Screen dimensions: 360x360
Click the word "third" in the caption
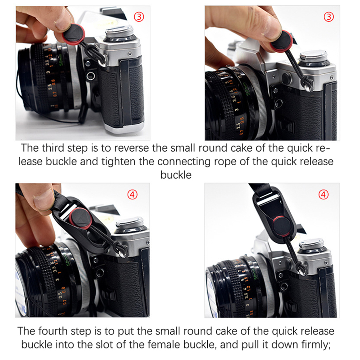coord(53,148)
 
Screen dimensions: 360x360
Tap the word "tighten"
coord(119,161)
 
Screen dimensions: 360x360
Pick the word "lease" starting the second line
coord(30,161)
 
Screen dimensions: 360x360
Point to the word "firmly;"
coord(316,345)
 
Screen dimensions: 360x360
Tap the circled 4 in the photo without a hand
coord(323,195)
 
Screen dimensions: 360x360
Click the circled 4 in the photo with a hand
coord(132,195)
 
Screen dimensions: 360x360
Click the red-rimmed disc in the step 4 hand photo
coord(81,218)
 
